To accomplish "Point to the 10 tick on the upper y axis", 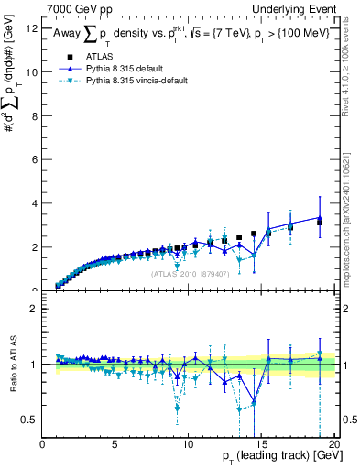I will click(x=32, y=72).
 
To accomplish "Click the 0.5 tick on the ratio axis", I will click(x=31, y=420).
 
